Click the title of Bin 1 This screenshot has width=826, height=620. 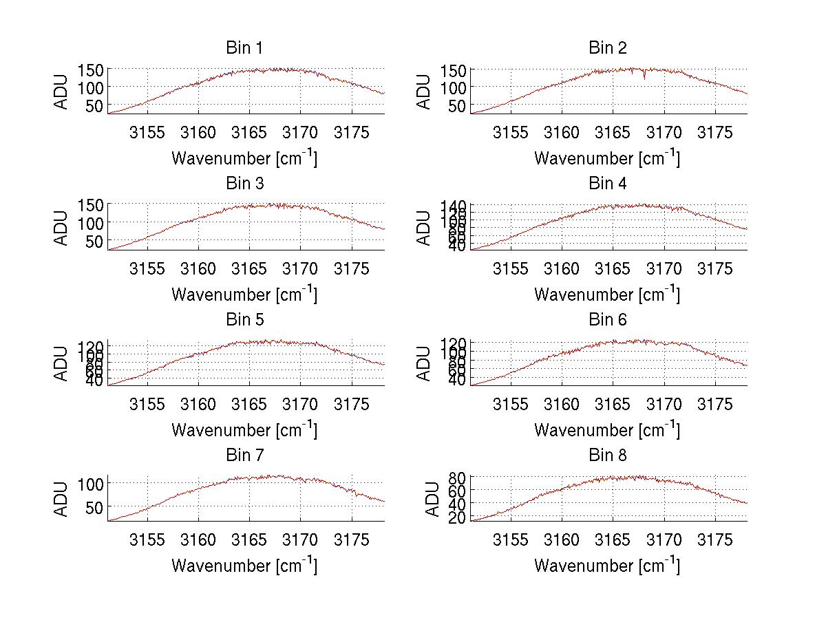click(244, 48)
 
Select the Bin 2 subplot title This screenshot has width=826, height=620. click(607, 48)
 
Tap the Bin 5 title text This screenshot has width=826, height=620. click(244, 320)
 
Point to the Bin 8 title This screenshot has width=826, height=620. click(607, 456)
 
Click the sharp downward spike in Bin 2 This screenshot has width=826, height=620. click(644, 78)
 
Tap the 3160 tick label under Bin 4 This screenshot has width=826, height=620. click(562, 268)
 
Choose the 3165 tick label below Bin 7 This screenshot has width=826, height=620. click(249, 539)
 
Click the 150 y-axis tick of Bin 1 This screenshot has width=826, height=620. click(90, 70)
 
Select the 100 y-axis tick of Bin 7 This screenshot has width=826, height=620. click(90, 484)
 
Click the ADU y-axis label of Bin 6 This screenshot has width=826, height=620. click(425, 363)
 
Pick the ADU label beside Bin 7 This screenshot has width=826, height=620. click(62, 499)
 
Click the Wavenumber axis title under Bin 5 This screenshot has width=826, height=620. click(244, 430)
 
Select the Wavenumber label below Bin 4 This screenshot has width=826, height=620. click(607, 295)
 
